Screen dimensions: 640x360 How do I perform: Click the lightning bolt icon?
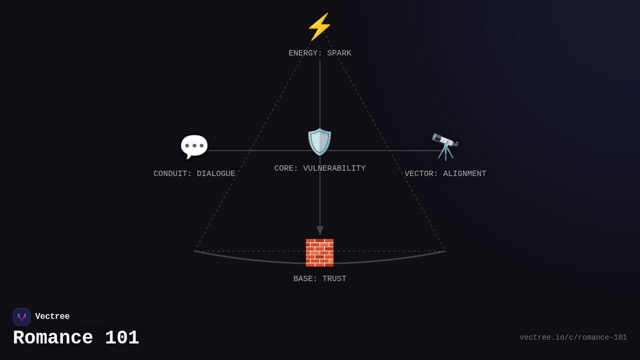tap(319, 27)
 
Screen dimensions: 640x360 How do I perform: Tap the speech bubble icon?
tap(194, 147)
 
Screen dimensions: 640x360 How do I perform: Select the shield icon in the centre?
tap(319, 142)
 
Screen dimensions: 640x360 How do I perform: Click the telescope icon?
tap(445, 147)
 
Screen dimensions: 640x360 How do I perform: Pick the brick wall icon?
tap(319, 253)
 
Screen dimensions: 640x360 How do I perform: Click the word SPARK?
tap(339, 53)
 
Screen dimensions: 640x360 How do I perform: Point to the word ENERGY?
tap(303, 53)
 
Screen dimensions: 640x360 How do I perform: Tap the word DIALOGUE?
tap(216, 174)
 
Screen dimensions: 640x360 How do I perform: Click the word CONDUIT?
tap(171, 174)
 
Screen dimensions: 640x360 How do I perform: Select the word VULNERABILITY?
tap(334, 169)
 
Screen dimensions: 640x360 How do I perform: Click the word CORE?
tap(284, 169)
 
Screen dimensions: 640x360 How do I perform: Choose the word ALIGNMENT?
tap(465, 174)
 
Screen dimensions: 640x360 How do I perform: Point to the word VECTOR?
tap(419, 174)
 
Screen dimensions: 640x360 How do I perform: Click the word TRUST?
tap(334, 278)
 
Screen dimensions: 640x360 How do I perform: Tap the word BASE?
tap(303, 278)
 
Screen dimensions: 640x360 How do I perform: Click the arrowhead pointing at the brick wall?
tap(320, 230)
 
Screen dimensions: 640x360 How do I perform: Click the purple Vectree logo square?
tap(22, 317)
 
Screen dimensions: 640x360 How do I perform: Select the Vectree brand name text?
tap(52, 316)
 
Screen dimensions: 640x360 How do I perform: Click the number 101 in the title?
tap(122, 338)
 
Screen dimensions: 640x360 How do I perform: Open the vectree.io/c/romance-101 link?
tap(573, 338)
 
